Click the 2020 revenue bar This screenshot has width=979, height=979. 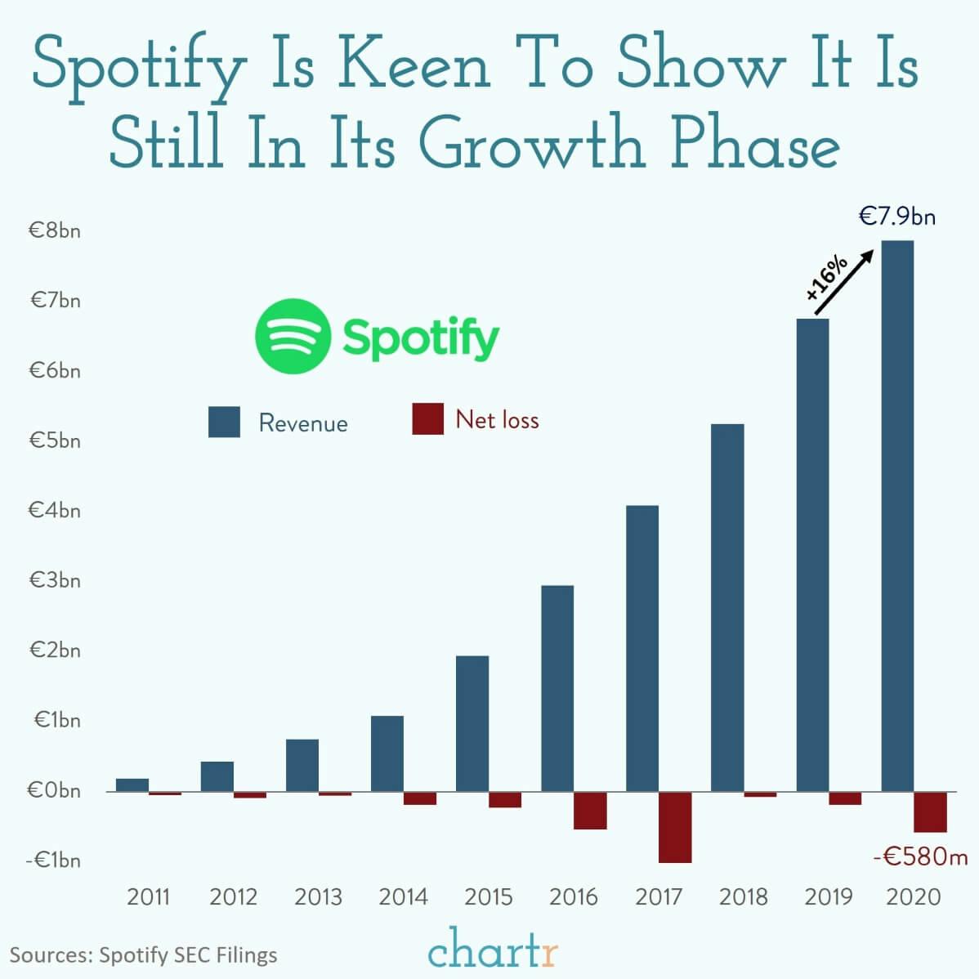click(897, 515)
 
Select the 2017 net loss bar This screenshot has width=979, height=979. click(675, 826)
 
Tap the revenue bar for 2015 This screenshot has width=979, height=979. click(472, 723)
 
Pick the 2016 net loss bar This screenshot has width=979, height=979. click(590, 810)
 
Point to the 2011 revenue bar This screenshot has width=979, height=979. click(132, 785)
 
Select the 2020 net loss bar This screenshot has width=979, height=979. click(930, 811)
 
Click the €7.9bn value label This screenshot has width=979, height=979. click(896, 217)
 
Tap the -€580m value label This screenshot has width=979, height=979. click(920, 856)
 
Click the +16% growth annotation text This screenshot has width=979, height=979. click(827, 278)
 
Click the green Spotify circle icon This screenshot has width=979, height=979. click(293, 336)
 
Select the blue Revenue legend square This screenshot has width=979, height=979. click(224, 422)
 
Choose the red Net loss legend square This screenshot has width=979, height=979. click(427, 418)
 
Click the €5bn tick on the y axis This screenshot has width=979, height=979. click(55, 440)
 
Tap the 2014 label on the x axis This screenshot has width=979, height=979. click(403, 896)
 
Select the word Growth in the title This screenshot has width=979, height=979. click(536, 145)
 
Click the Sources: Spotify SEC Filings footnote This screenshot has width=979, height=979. click(143, 954)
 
